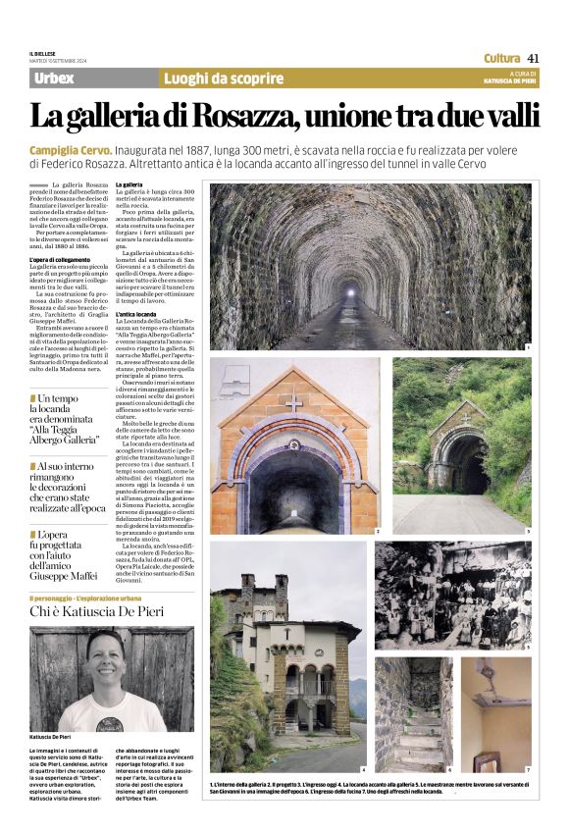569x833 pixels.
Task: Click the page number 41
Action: click(534, 57)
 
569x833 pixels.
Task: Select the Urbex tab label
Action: click(53, 78)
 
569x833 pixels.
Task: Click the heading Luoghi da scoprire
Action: click(215, 78)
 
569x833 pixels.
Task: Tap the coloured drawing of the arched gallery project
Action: click(294, 446)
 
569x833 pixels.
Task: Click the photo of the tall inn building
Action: click(287, 656)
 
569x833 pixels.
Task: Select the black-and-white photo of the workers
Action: click(452, 595)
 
